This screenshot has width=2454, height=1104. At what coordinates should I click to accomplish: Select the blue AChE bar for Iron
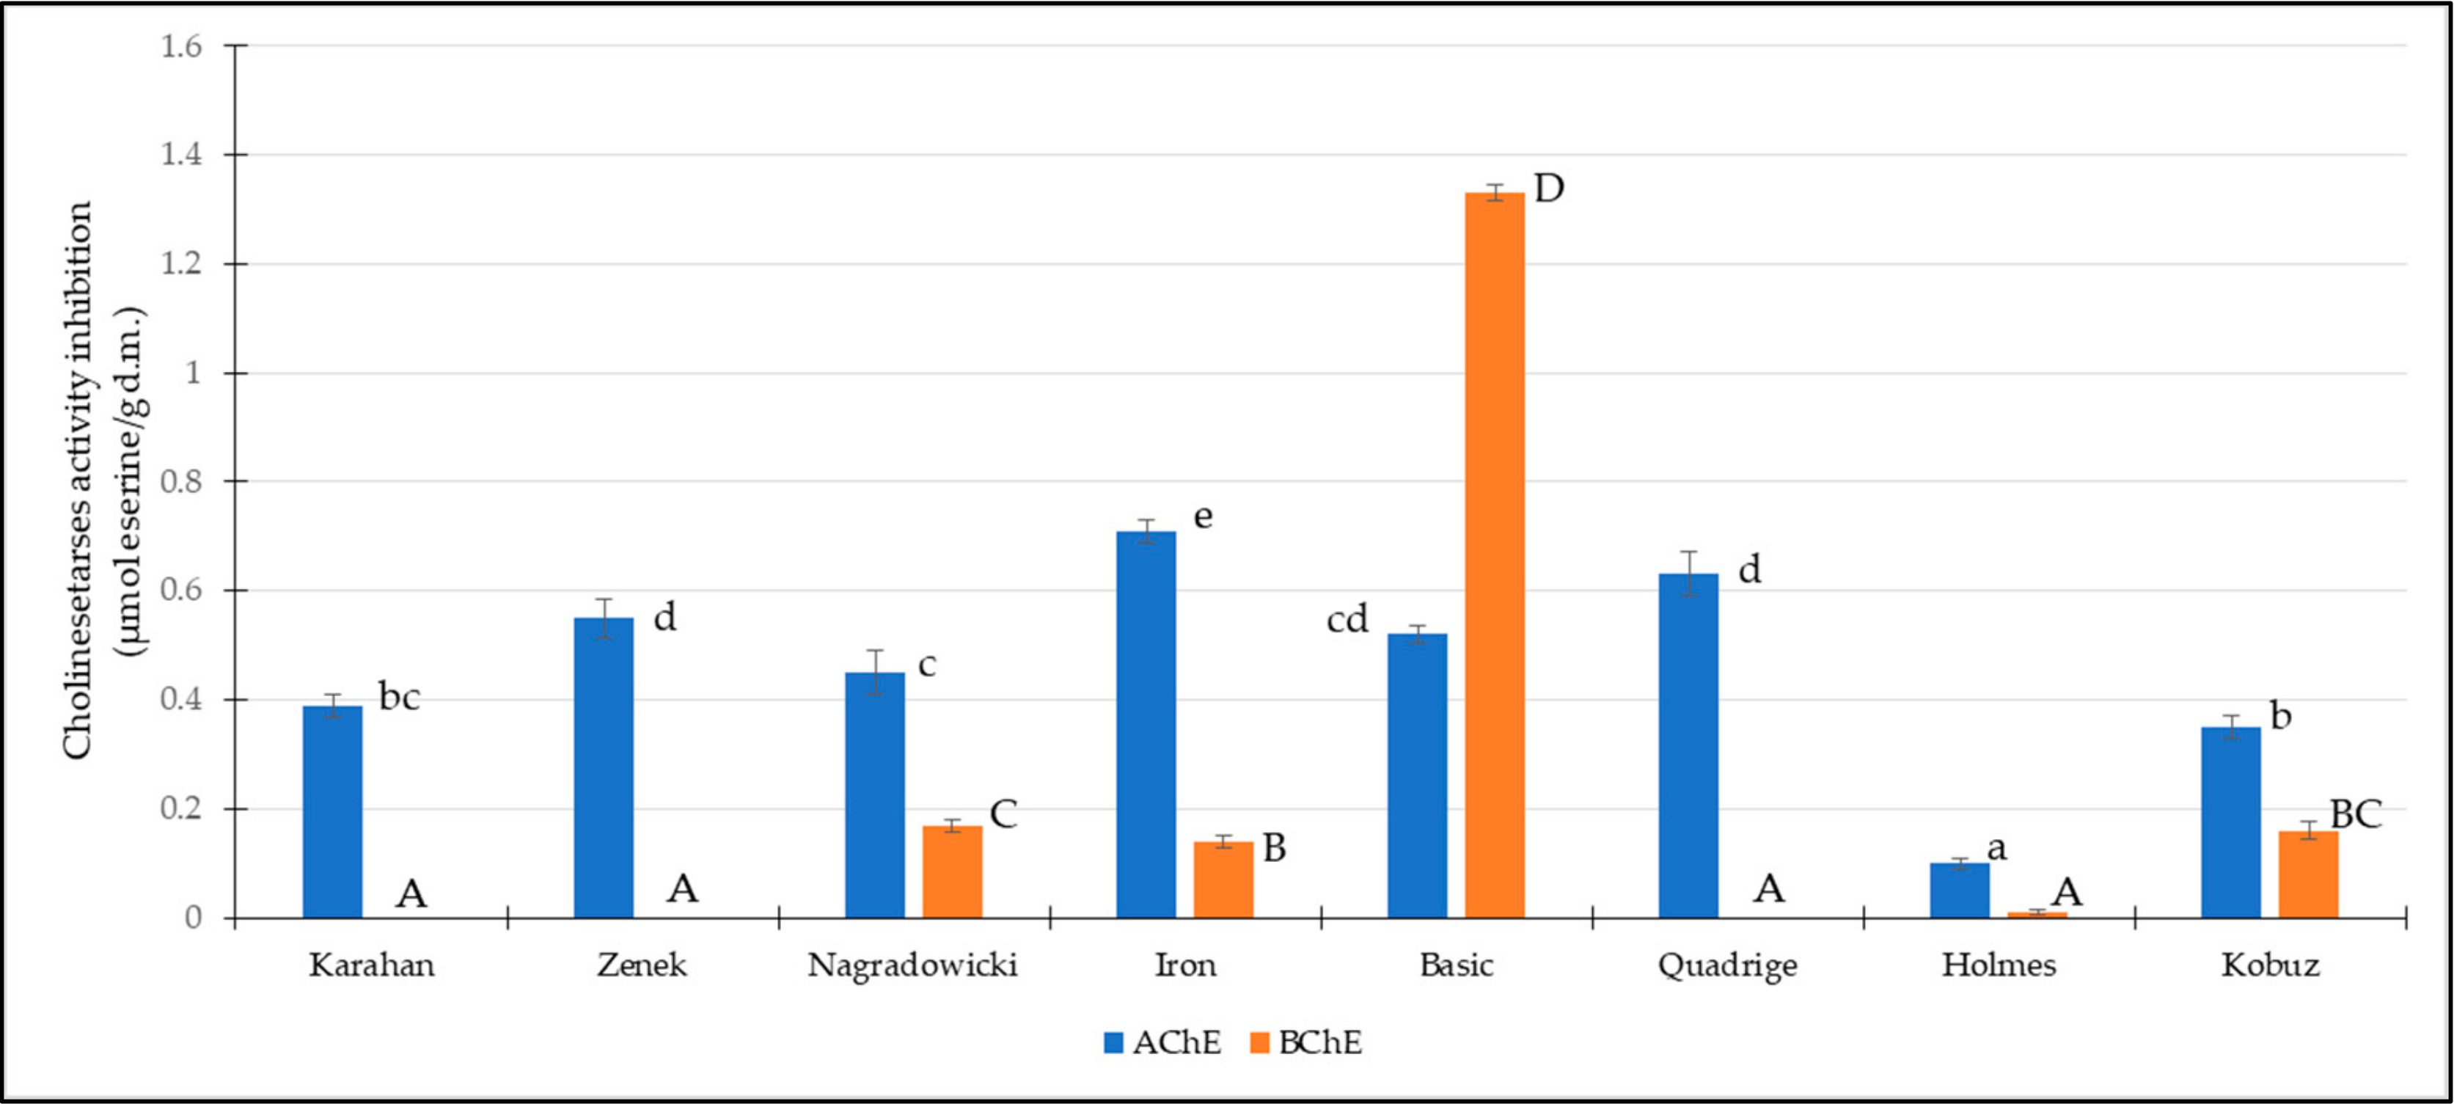[x=1146, y=724]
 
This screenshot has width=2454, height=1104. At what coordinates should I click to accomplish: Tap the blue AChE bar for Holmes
[x=1960, y=890]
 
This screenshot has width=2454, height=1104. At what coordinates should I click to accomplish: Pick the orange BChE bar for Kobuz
[x=2308, y=874]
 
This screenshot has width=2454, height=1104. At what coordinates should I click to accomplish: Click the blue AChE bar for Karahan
[x=332, y=811]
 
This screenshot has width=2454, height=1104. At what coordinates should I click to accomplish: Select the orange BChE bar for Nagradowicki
[x=952, y=871]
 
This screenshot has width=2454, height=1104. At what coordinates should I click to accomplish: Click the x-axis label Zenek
[x=641, y=965]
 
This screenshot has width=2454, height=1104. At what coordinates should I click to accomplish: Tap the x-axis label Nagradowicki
[x=912, y=965]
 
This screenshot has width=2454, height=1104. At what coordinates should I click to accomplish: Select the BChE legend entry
[x=1306, y=1042]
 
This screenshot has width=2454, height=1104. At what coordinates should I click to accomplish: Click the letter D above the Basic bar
[x=1549, y=189]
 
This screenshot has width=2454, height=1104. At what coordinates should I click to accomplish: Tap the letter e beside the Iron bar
[x=1204, y=516]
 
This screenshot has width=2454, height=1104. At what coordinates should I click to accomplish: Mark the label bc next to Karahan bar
[x=399, y=696]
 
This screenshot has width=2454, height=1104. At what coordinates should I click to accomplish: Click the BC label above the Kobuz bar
[x=2355, y=814]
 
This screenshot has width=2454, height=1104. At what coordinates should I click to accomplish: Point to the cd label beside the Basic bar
[x=1347, y=620]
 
